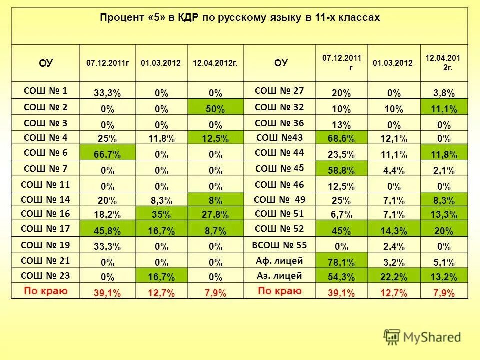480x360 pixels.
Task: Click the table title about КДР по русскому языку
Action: [x=240, y=18]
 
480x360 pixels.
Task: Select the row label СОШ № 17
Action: [x=46, y=230]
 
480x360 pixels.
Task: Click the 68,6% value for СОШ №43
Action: [x=341, y=139]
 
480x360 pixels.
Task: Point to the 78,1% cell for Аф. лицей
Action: [x=341, y=262]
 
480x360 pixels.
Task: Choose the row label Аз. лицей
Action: [x=278, y=276]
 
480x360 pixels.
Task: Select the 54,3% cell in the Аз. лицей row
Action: [x=341, y=278]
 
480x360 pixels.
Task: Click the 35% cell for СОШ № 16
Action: [x=161, y=216]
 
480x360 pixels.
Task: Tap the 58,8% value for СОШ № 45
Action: [x=341, y=170]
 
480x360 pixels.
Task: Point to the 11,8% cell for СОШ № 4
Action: [x=161, y=139]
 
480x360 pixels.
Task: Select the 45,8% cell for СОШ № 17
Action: [x=107, y=231]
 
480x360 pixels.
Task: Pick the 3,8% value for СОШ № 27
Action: [x=444, y=93]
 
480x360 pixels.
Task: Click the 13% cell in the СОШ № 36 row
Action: [x=341, y=124]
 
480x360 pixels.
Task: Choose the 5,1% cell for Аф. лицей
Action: [x=444, y=262]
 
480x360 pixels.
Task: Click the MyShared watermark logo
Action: [x=422, y=336]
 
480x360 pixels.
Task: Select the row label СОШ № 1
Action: [x=46, y=91]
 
